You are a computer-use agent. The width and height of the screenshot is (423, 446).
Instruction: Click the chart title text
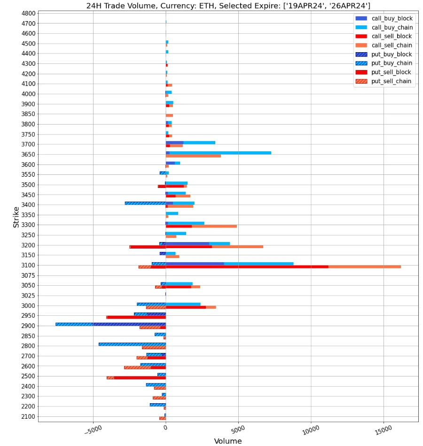(228, 6)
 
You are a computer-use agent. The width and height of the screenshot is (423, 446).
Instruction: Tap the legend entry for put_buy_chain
(392, 63)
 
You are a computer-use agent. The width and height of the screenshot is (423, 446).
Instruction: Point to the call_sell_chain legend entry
(392, 46)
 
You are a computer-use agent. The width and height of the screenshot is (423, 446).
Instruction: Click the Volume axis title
(228, 441)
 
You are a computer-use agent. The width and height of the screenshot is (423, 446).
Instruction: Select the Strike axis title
(16, 216)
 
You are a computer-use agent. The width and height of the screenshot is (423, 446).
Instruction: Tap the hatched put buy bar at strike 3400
(145, 203)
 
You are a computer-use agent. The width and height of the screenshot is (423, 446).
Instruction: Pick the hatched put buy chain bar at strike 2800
(132, 344)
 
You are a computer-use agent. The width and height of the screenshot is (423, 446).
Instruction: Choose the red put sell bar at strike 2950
(136, 317)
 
